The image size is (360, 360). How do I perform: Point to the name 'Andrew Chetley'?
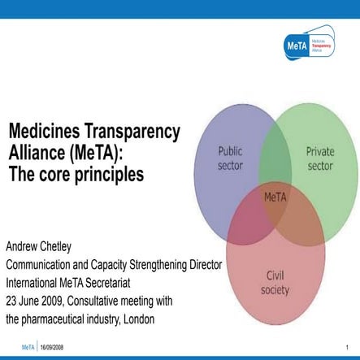point(44,245)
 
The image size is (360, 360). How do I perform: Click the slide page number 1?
point(346,346)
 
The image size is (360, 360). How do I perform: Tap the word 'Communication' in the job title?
point(43,265)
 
